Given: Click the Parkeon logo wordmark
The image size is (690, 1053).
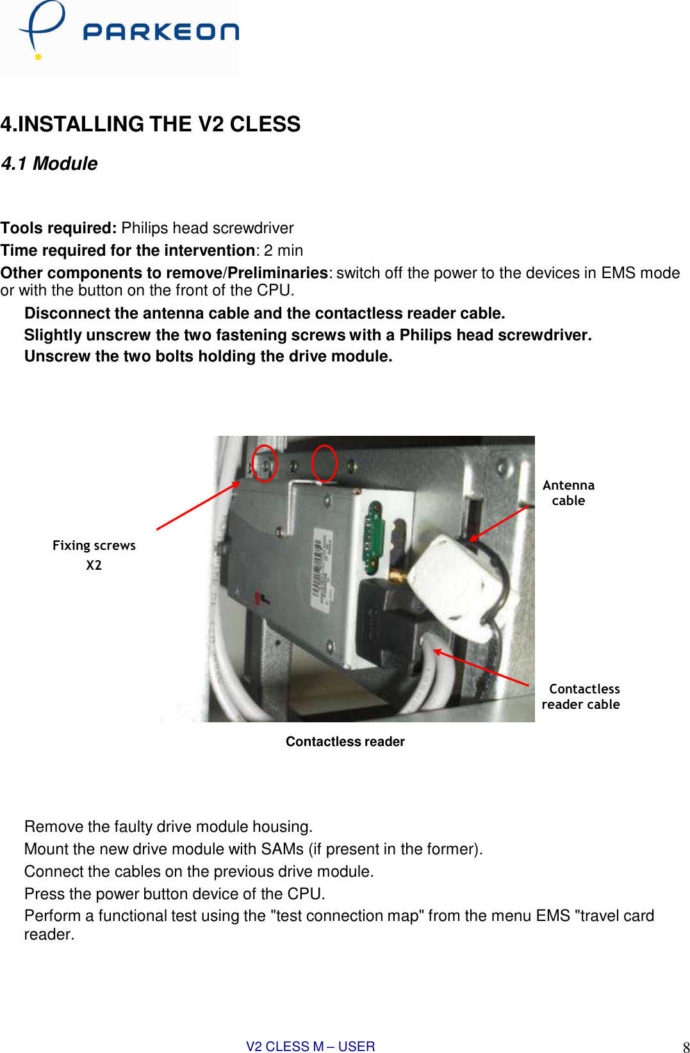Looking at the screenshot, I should tap(160, 32).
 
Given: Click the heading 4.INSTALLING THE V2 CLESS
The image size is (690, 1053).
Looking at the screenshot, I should tap(150, 124).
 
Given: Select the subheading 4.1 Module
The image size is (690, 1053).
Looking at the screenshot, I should tap(49, 163).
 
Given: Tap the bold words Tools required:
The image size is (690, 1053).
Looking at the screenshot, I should tap(58, 228).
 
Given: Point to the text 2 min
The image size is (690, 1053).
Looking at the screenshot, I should tap(283, 251).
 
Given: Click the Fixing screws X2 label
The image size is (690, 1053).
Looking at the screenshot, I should tap(94, 554).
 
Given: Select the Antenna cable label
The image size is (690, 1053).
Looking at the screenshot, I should tap(568, 493).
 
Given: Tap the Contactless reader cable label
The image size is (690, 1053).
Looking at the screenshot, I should tap(582, 697).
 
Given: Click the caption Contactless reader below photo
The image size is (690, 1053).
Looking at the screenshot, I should tap(345, 742).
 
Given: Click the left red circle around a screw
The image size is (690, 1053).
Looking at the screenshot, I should tap(264, 463).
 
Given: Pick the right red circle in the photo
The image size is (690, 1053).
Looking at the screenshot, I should tap(324, 463).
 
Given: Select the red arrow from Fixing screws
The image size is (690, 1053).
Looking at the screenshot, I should tap(197, 506).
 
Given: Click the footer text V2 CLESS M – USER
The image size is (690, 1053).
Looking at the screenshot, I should tap(310, 1046).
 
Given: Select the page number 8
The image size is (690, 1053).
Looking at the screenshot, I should tap(686, 1047).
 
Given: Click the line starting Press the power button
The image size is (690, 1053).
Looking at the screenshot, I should tap(174, 893).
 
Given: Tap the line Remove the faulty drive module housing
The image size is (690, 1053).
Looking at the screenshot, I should tap(168, 827).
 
